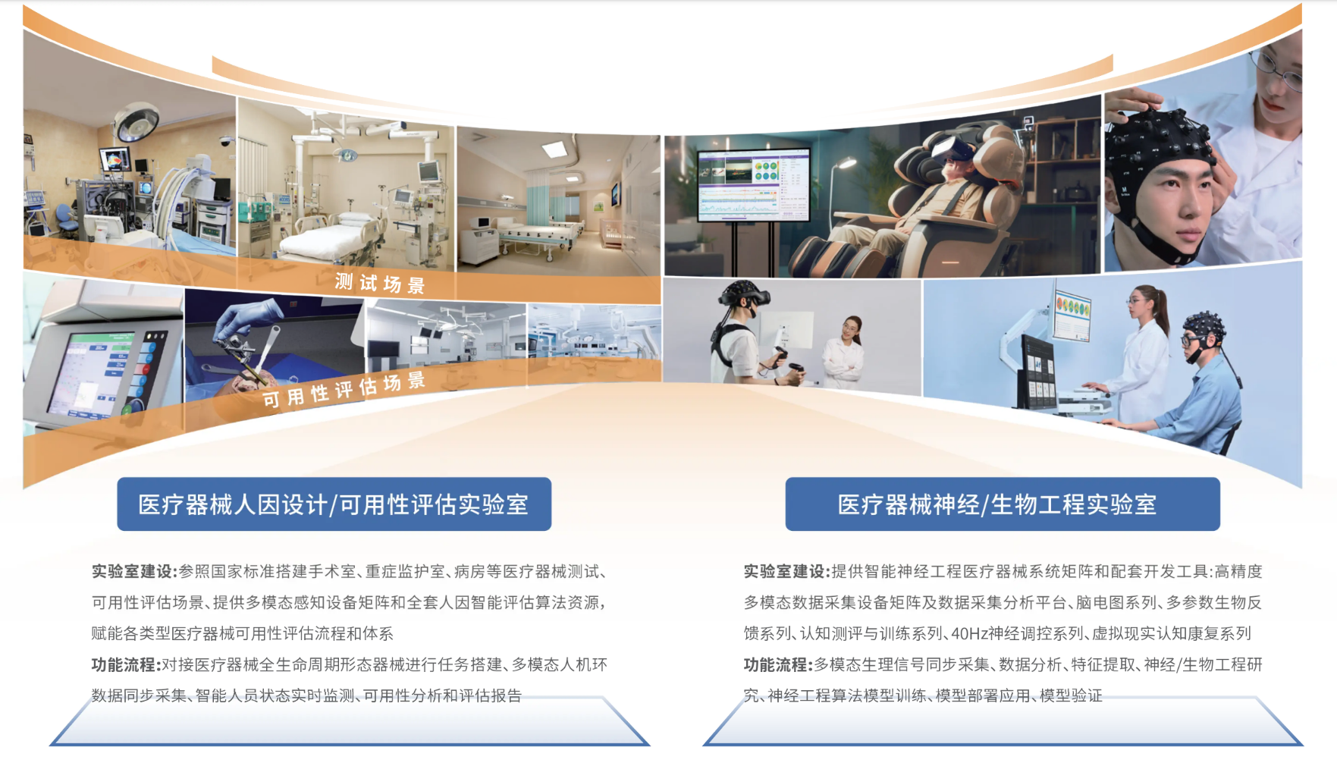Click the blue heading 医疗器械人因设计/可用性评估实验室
(x=333, y=504)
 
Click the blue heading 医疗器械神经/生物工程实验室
(x=996, y=504)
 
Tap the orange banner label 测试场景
(x=380, y=284)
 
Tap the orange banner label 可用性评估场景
(x=344, y=389)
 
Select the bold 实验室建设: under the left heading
(x=134, y=571)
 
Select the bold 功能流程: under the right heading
(x=778, y=664)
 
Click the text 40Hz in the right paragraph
(x=968, y=633)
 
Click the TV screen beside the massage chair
(x=753, y=184)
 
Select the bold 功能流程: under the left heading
(x=126, y=664)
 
